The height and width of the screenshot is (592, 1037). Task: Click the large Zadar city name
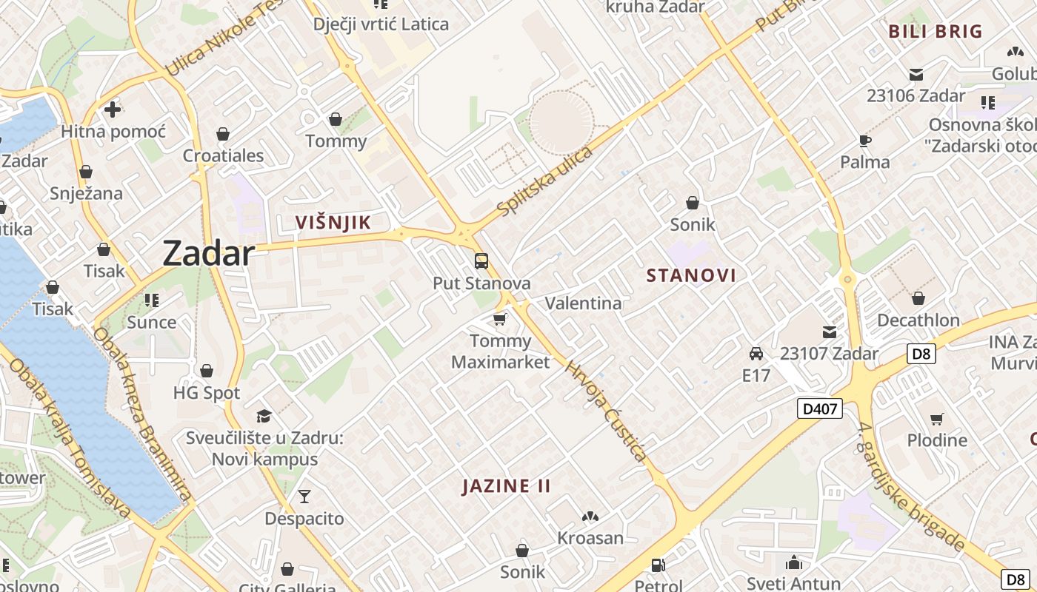pos(208,253)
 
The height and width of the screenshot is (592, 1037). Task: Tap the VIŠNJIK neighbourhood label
pos(333,222)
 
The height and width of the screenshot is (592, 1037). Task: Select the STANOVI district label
pos(691,276)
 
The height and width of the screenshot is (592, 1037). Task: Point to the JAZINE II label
pos(507,486)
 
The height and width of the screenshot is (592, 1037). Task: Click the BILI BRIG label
pos(935,31)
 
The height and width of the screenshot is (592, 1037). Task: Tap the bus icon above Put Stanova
pos(481,261)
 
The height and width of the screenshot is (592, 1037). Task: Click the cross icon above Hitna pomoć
pos(113,110)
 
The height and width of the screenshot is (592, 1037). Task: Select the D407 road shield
pos(820,408)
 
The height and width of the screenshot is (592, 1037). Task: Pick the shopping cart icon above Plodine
pos(937,419)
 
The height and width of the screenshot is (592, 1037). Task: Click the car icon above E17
pos(756,354)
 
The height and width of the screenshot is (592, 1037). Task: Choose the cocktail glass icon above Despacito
pos(304,496)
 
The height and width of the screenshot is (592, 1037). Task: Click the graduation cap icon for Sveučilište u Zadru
pos(264,416)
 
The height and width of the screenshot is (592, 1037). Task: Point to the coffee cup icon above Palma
pos(864,141)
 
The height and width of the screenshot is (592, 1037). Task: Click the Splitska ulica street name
pos(546,181)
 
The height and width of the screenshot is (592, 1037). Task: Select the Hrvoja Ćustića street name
pos(607,411)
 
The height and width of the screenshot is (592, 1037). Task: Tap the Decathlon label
pos(918,320)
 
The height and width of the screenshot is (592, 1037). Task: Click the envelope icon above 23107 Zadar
pos(830,332)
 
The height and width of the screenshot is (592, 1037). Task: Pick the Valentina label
pos(583,303)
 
